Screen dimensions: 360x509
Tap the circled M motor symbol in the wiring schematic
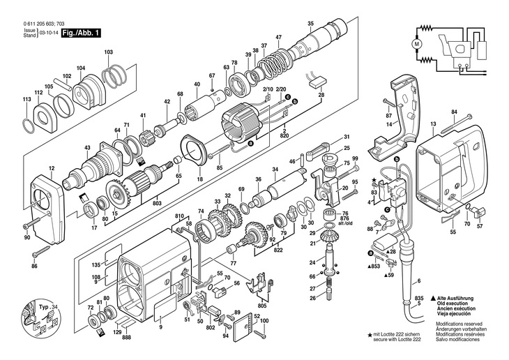tap(418, 43)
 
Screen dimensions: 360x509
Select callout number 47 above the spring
tap(278, 37)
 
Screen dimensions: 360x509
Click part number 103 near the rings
tap(108, 52)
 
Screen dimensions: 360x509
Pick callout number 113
tap(26, 100)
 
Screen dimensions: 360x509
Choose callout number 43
tap(87, 147)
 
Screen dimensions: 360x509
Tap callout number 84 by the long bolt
tap(454, 112)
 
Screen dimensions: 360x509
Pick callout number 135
tap(97, 264)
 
